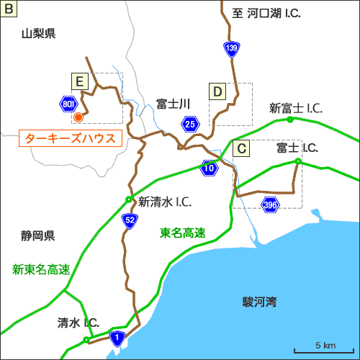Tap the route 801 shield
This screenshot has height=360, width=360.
click(68, 104)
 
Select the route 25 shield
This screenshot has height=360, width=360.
click(189, 124)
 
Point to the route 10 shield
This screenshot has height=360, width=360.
click(209, 168)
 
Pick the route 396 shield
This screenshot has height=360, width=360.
click(270, 205)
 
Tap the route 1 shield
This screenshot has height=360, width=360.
click(118, 336)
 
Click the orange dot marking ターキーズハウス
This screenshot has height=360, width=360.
click(78, 116)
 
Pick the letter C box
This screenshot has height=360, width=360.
click(242, 148)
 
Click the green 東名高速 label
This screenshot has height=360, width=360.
click(182, 233)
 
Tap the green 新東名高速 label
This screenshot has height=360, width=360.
click(41, 269)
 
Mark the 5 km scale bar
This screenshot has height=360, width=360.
click(331, 349)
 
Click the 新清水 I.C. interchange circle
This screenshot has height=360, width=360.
click(129, 199)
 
